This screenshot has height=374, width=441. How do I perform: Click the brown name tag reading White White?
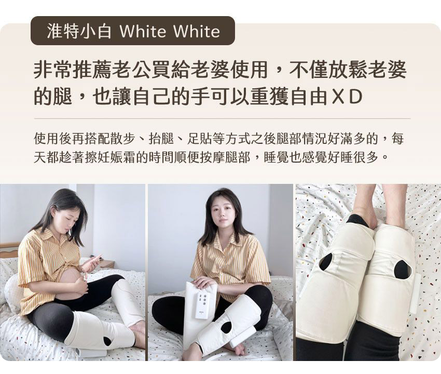point(132,31)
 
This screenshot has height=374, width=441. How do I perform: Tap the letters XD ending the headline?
point(347,97)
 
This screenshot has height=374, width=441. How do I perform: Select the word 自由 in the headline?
point(309,97)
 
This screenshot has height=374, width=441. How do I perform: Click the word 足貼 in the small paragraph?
point(200,138)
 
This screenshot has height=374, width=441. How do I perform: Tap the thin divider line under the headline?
point(222,119)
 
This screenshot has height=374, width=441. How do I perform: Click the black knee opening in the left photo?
point(107,341)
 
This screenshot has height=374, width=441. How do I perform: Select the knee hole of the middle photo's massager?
point(226,327)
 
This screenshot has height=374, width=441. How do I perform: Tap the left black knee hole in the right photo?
point(326,262)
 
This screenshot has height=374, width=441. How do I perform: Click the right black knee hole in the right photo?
point(402,269)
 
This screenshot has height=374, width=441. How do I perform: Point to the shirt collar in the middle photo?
point(224,239)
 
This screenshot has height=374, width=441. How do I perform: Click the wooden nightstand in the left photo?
point(107,264)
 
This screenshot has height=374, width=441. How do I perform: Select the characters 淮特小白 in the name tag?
point(79,31)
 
